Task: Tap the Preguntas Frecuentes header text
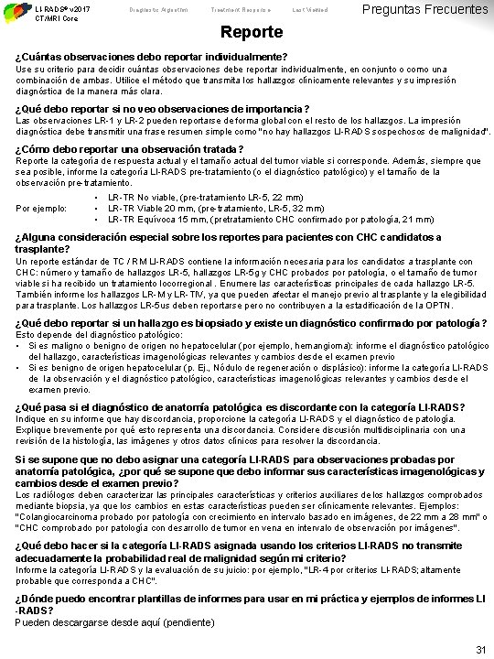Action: [x=425, y=10]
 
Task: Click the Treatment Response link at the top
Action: [x=252, y=9]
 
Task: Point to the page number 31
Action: [x=480, y=649]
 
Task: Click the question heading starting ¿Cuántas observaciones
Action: [x=151, y=57]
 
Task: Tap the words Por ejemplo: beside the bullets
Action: [x=40, y=208]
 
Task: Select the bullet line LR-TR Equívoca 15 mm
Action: [x=220, y=219]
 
